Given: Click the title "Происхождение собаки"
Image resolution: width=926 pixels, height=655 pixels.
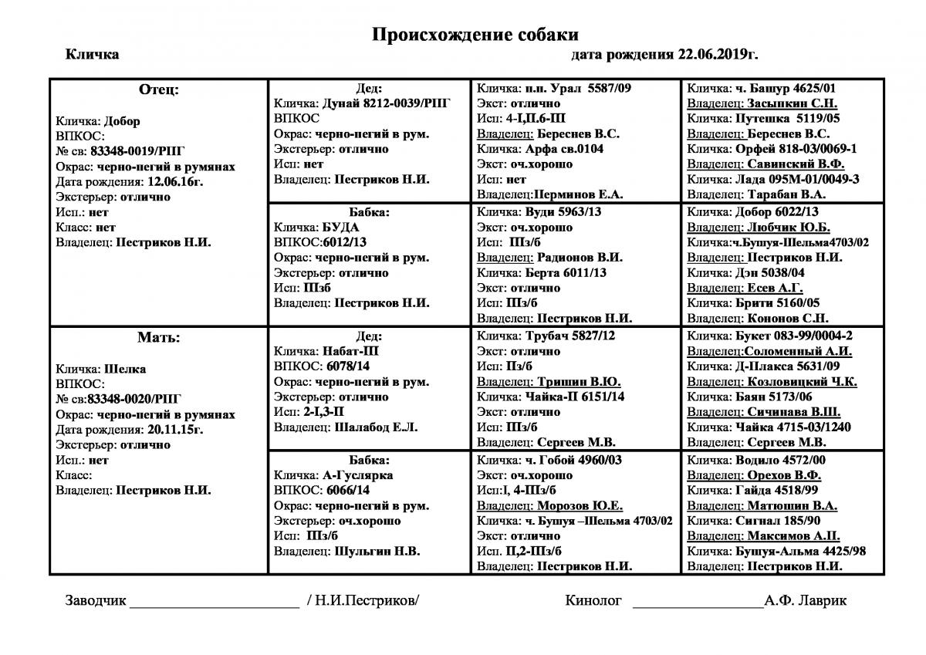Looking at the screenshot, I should click(475, 34).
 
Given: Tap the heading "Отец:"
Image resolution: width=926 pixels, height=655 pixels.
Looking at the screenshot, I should click(158, 89).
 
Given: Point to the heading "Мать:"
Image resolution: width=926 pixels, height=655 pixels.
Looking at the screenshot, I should click(158, 337).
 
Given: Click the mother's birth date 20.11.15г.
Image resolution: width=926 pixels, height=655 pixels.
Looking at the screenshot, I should click(181, 430).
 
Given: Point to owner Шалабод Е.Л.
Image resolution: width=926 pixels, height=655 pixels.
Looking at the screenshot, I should click(376, 427).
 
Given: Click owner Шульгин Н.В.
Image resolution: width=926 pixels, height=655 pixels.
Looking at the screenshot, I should click(377, 551).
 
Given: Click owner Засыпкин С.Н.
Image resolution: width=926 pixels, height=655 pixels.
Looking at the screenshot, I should click(782, 103).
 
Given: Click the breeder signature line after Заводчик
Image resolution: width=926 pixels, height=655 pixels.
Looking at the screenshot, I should click(215, 602).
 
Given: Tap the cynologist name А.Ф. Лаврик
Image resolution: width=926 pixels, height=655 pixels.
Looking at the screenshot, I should click(806, 601).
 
